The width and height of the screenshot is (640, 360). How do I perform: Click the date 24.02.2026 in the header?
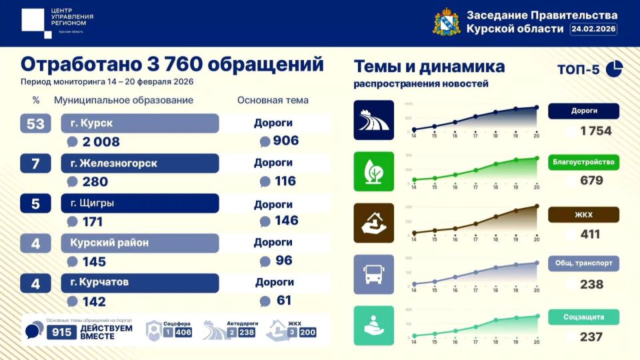click(593, 29)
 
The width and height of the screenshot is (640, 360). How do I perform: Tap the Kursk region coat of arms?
click(446, 22)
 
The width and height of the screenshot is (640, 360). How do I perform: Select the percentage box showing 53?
click(36, 123)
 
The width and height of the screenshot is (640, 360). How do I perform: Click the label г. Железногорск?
click(140, 163)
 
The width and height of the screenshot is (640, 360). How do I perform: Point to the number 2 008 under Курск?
click(101, 141)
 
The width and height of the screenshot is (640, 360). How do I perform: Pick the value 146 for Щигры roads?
click(285, 221)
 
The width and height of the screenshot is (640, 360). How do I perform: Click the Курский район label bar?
click(140, 243)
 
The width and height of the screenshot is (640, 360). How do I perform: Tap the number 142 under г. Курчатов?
click(94, 301)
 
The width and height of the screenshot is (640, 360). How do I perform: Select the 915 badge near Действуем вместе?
click(61, 331)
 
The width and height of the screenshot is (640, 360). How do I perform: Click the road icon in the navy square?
click(373, 121)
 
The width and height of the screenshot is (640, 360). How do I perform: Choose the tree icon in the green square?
click(373, 172)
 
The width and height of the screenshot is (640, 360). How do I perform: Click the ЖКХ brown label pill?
click(583, 215)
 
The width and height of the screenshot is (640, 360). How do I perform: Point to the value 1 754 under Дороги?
click(595, 131)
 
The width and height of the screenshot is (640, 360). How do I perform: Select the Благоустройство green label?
click(583, 162)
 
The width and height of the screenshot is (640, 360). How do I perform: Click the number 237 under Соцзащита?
click(591, 337)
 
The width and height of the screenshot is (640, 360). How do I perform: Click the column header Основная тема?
click(273, 101)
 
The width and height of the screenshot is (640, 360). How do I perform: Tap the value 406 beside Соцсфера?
click(183, 332)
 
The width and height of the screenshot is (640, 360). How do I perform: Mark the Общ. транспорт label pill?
click(583, 263)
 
